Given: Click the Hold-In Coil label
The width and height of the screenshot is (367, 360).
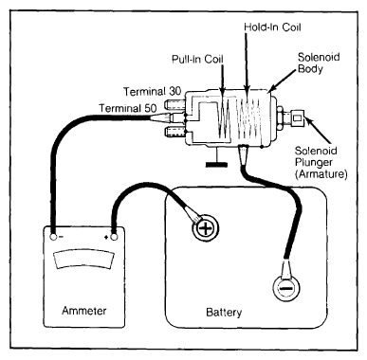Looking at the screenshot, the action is [272, 27].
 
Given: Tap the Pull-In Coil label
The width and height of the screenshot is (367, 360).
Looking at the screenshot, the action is [197, 59].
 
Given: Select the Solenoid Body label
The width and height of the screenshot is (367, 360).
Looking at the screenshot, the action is [315, 63].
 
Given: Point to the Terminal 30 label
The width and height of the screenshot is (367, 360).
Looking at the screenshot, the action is [152, 92].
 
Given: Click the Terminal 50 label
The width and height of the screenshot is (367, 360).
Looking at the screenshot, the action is [128, 108].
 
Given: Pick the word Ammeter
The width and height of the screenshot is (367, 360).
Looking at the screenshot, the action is [84, 311].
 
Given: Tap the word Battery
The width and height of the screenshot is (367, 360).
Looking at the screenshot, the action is [224, 313].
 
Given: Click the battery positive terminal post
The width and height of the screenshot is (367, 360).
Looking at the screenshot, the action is [206, 227].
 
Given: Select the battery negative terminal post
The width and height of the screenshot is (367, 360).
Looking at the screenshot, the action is [285, 288].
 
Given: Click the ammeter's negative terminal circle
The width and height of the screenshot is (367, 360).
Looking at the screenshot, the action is [53, 237].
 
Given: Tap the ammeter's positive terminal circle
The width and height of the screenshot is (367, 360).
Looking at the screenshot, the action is [114, 237].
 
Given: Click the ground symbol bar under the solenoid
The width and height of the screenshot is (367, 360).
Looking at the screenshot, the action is [216, 165].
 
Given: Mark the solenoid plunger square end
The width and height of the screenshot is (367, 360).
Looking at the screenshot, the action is [297, 117].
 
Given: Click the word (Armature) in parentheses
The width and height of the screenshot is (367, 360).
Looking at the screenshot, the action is [321, 174].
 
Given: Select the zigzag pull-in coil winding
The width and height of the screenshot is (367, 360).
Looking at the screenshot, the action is [224, 119].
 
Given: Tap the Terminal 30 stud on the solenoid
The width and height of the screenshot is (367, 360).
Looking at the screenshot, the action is [174, 104].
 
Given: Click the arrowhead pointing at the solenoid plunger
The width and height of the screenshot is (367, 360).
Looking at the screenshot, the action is [309, 122].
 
